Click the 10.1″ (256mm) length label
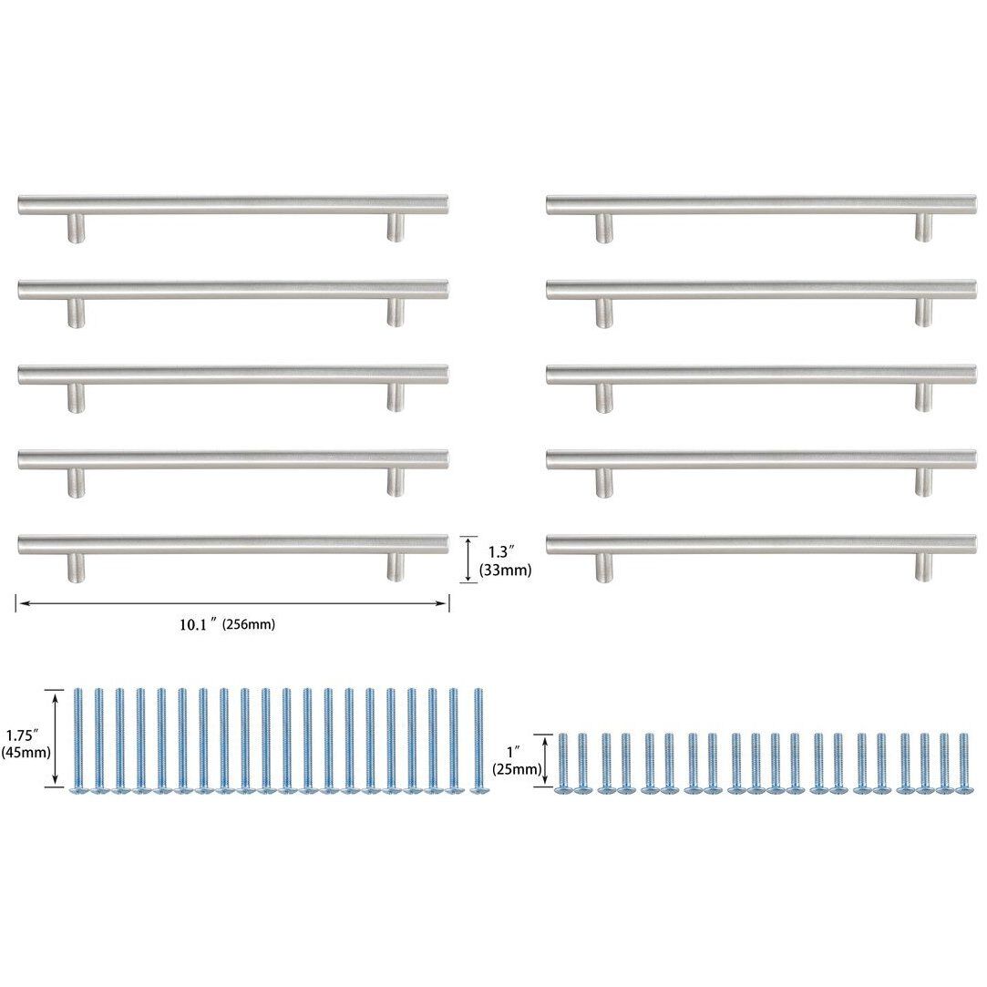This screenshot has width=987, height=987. click(x=227, y=625)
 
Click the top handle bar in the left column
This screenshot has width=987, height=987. click(x=232, y=204)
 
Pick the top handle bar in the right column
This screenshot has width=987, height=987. click(x=761, y=204)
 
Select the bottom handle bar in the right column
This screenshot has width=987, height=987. click(x=761, y=545)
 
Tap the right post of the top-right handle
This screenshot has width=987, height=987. click(x=924, y=228)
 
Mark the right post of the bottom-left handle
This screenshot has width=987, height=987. click(x=396, y=568)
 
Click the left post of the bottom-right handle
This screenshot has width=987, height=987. click(x=604, y=568)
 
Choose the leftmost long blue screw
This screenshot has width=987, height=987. click(x=78, y=741)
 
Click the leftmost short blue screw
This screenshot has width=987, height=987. click(x=562, y=762)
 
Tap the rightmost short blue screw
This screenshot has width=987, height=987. click(x=962, y=762)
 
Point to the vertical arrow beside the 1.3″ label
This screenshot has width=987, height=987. click(x=468, y=559)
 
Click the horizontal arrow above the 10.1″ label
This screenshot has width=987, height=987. click(x=232, y=603)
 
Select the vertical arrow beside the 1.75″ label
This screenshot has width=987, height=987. click(x=57, y=738)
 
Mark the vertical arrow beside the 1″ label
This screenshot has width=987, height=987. click(x=546, y=760)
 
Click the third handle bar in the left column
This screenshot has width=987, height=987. click(x=232, y=375)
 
